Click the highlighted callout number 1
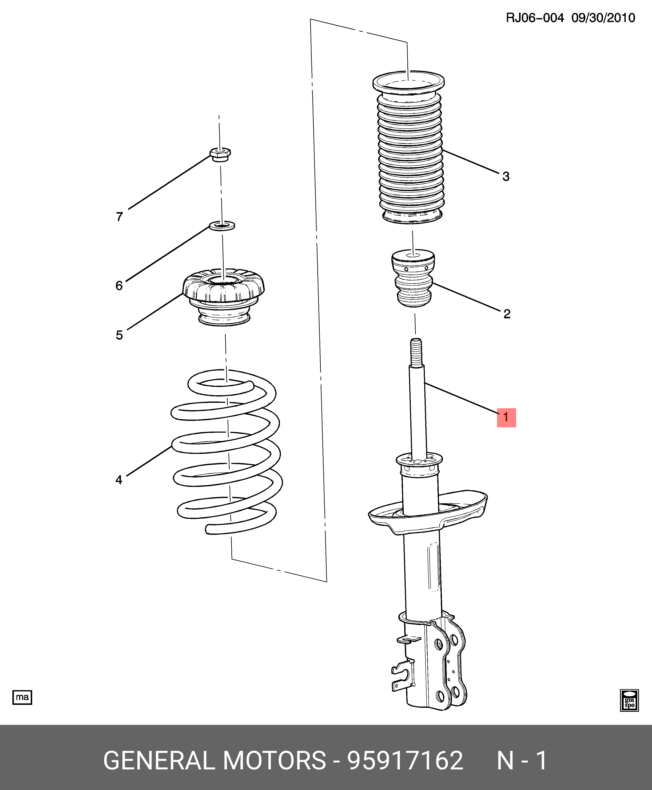506,417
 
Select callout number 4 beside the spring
119,480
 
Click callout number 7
119,217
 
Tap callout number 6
119,286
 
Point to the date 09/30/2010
603,18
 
